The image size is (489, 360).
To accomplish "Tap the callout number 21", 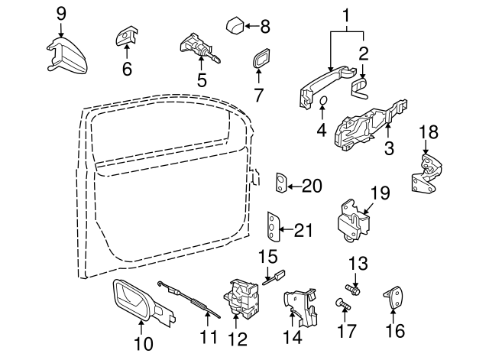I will coord(305,228).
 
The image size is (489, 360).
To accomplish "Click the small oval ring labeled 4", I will coord(322,104).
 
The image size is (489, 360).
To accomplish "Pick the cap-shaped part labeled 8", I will coord(234,26).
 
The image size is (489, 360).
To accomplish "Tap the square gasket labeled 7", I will coord(260,60).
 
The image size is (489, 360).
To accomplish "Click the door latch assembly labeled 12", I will coord(243,299).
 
